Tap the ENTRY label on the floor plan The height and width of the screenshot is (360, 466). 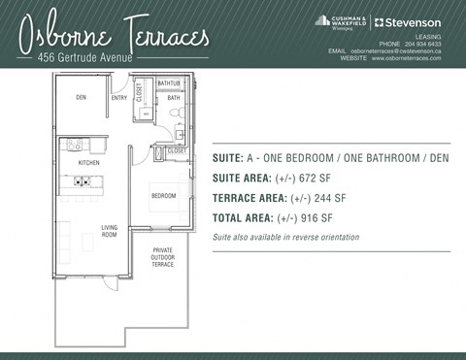(119, 97)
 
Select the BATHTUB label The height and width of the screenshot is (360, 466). (170, 84)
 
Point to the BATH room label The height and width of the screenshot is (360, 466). (174, 98)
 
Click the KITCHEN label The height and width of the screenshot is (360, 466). (89, 163)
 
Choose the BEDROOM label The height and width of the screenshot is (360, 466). (163, 196)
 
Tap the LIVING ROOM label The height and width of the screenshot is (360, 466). (109, 231)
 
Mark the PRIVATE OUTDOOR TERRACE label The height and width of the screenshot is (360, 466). (163, 256)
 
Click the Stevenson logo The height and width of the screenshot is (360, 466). (408, 22)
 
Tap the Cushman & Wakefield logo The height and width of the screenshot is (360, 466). (341, 21)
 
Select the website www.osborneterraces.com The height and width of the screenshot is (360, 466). (406, 58)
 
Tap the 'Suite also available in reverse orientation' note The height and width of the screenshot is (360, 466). (285, 237)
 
